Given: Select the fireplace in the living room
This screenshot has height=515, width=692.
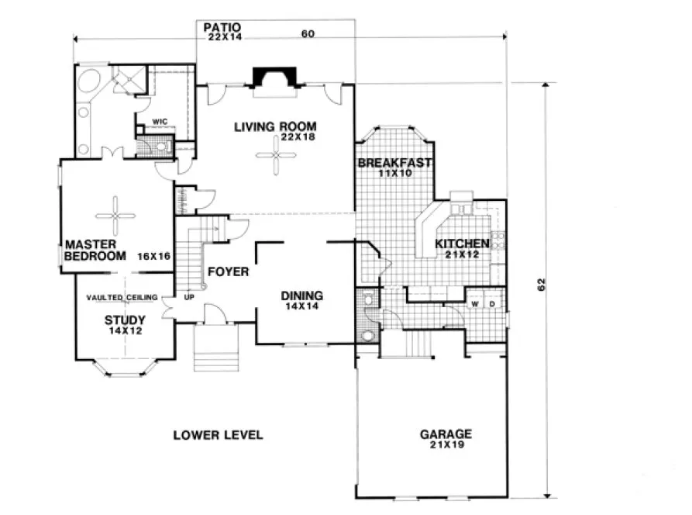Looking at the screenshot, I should tap(274, 79).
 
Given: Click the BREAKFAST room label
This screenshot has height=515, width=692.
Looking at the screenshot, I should tap(394, 164).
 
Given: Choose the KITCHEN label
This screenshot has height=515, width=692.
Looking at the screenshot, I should tap(462, 244).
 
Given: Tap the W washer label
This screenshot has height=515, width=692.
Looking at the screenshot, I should tap(475, 303).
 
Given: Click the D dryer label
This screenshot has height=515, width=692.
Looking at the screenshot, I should tap(492, 303).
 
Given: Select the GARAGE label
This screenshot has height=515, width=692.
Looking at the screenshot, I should tap(446, 434).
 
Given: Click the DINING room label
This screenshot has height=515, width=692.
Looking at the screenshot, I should tap(301, 296).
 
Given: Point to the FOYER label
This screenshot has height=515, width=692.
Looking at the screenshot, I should tap(228, 271).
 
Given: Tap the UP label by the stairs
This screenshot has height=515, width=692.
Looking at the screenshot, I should tap(188, 296).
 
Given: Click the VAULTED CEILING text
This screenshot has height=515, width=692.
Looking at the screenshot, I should tap(122, 297).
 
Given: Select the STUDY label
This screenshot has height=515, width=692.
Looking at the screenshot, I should tap(125, 318).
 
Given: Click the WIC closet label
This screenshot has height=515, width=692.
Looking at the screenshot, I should tap(160, 122).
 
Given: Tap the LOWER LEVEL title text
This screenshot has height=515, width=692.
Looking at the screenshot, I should tap(218, 434).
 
